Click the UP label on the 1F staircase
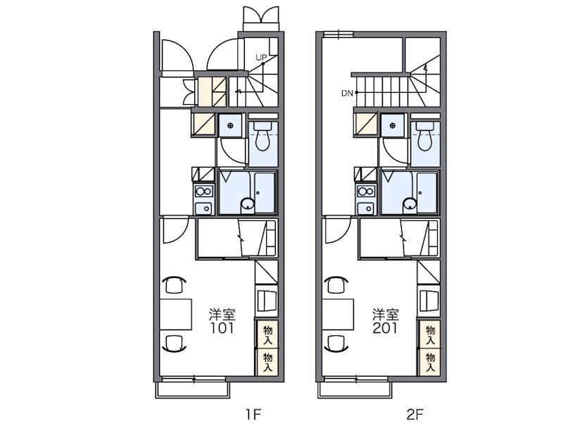pyautogui.click(x=261, y=58)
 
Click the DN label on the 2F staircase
pyautogui.click(x=347, y=94)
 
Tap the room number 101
pyautogui.click(x=222, y=328)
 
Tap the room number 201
pyautogui.click(x=385, y=328)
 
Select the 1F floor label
pyautogui.click(x=253, y=415)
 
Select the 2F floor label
pyautogui.click(x=415, y=415)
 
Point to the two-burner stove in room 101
pyautogui.click(x=203, y=191)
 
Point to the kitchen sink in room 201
pyautogui.click(x=366, y=208)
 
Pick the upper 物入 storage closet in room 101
pyautogui.click(x=267, y=334)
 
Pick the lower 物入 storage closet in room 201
pyautogui.click(x=430, y=362)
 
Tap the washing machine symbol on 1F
pyautogui.click(x=230, y=125)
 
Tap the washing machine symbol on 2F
pyautogui.click(x=393, y=125)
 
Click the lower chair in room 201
pyautogui.click(x=337, y=344)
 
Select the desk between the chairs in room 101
pyautogui.click(x=175, y=314)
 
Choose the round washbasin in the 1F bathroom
pyautogui.click(x=248, y=204)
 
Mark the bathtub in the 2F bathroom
pyautogui.click(x=427, y=192)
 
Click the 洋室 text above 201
pyautogui.click(x=385, y=315)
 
